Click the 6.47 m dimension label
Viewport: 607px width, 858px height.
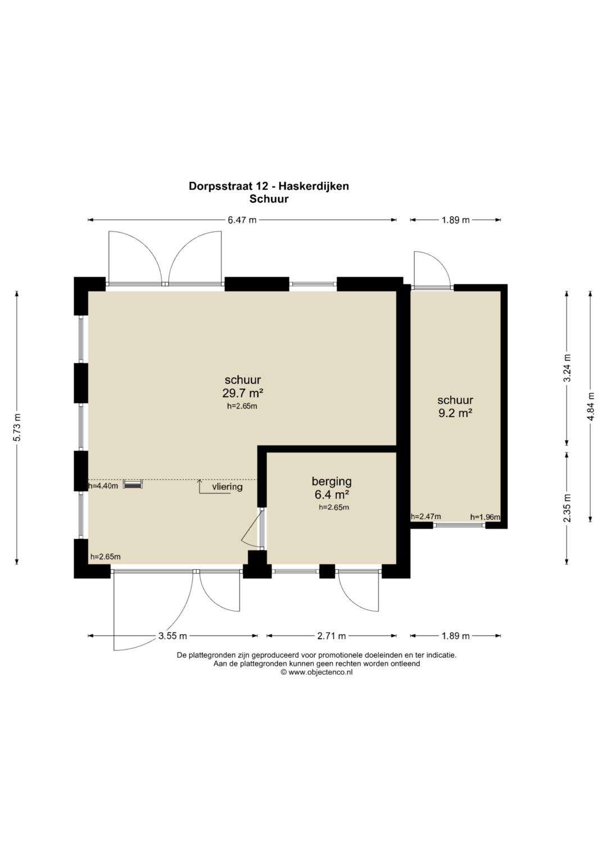242,220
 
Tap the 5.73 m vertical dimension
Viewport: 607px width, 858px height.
17,427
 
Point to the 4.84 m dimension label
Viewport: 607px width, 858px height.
591,406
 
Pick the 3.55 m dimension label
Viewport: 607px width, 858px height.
173,636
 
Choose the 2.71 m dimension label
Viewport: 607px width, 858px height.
332,636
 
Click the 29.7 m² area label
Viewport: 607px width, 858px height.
243,393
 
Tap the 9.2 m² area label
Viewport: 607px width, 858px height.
455,414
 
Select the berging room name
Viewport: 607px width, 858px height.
332,482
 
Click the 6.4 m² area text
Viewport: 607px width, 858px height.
332,494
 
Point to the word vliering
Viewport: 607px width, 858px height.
227,487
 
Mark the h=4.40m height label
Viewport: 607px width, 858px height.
103,486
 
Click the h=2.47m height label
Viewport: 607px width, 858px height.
426,516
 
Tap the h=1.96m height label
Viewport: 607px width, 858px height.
485,517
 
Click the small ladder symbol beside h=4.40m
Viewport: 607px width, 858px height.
133,485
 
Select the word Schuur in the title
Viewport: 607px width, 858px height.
269,199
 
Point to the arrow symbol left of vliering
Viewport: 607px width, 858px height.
215,487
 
